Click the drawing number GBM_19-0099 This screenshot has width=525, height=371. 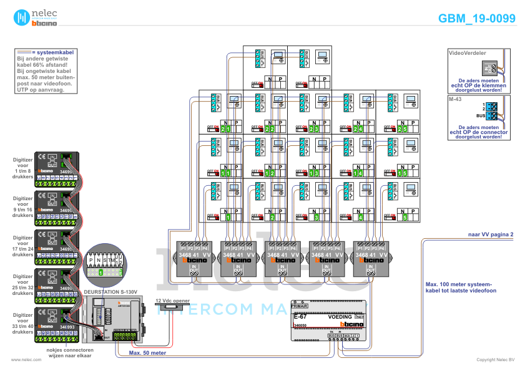point(477,19)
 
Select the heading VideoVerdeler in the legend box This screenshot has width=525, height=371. point(468,54)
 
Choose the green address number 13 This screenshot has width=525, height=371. point(314,173)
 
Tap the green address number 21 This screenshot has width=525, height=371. point(225,129)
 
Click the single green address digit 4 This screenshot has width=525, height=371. point(361,217)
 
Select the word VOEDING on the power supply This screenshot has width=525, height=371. point(340,317)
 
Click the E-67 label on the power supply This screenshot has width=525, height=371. point(299,317)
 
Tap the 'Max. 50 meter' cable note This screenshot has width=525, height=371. point(147,352)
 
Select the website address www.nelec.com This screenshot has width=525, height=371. point(22,360)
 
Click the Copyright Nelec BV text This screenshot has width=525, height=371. point(496,360)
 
